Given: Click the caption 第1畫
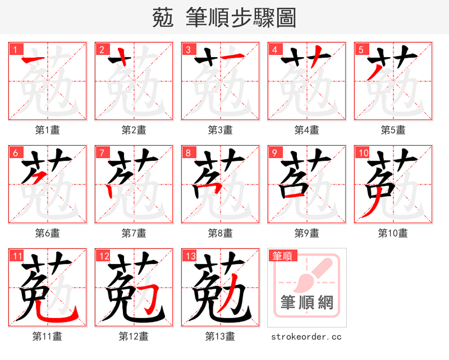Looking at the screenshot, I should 48,130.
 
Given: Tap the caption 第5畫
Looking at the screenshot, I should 393,130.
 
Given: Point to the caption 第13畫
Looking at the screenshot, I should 220,336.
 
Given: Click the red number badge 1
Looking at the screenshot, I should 15,49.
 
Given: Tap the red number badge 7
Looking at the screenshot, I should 102,153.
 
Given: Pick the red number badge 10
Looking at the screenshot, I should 363,153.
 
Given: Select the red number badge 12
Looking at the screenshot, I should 103,256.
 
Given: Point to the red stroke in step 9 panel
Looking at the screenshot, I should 294,196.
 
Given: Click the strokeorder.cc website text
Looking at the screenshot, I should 306,337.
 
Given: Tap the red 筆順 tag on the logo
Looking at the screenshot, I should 282,256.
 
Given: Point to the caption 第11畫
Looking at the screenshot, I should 48,336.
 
